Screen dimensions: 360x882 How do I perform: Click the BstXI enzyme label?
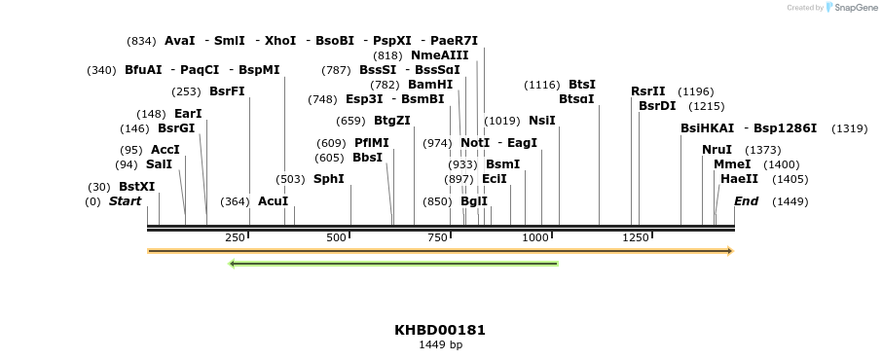136,187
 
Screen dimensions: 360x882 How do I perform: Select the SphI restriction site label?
328,179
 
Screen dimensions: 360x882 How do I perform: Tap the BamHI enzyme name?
430,85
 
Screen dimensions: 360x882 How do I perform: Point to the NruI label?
717,150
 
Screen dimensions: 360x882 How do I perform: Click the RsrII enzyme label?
647,91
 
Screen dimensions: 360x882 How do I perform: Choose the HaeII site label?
739,179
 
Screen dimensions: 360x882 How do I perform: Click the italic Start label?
125,201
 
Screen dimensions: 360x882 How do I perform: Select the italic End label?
746,201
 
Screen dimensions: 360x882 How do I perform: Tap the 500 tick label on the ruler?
337,237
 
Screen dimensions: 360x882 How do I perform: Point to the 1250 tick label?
635,237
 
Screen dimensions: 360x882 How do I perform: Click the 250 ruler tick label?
235,237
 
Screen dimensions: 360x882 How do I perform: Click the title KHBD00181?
440,330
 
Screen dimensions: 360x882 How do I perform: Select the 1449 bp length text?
440,344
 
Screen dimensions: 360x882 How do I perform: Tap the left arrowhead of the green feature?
232,263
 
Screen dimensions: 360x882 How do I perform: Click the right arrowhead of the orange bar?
729,251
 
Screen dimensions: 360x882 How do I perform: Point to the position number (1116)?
542,85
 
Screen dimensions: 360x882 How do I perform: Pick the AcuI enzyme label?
273,201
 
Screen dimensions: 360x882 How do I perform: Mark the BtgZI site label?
392,121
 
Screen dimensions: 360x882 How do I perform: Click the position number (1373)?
762,150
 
